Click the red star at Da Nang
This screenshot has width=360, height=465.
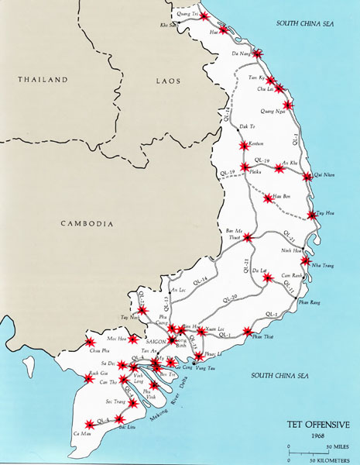tap(257, 54)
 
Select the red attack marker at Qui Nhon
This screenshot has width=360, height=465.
tap(307, 177)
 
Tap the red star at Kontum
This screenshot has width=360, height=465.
tap(243, 144)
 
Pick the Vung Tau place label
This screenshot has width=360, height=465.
tap(214, 370)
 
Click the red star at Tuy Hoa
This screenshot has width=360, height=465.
tap(312, 215)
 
